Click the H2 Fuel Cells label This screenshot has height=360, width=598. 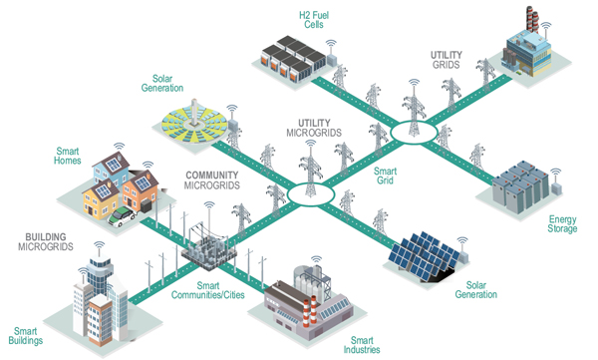coord(314,20)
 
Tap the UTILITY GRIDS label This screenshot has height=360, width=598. coord(447,60)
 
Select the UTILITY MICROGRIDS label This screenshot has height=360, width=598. coord(314,128)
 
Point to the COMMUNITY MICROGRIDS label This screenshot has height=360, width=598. coord(212,180)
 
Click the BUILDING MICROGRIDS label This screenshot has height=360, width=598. coord(46,241)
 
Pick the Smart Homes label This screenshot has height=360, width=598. coord(68,156)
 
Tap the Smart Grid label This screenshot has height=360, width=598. coord(385,176)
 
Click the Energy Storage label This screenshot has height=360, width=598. coord(562,224)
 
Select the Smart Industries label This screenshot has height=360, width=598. coord(362,345)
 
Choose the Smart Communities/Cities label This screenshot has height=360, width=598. coord(208,290)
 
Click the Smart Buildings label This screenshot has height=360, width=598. coord(26,336)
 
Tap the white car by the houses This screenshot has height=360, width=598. coord(122,216)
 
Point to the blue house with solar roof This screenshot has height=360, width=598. coord(111,170)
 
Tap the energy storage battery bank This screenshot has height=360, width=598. coord(520,186)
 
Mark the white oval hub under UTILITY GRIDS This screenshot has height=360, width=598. coord(414,133)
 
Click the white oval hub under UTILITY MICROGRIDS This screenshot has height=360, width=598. coord(311,194)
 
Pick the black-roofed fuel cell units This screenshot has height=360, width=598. coord(294,58)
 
